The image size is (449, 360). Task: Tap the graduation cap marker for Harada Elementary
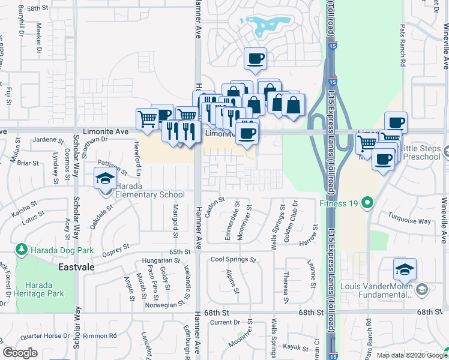[105, 178]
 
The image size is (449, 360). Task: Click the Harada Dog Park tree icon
[22, 248]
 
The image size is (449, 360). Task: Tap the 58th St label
[37, 8]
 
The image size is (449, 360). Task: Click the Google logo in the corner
[20, 353]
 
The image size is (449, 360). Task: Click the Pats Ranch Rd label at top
[403, 44]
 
